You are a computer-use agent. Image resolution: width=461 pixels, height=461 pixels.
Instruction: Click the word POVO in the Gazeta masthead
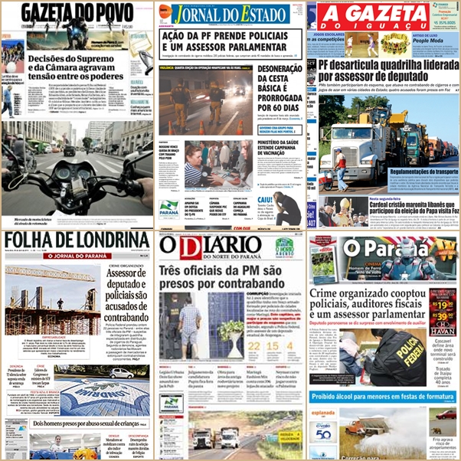[x=122, y=13]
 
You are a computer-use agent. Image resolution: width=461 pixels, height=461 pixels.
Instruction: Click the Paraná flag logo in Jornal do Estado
[x=169, y=208]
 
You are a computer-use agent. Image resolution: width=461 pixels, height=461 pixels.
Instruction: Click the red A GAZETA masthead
[x=374, y=15]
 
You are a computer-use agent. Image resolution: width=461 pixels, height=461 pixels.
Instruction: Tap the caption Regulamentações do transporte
[x=418, y=172]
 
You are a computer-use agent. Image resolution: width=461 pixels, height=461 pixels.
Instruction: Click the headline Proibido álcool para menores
[x=383, y=397]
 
